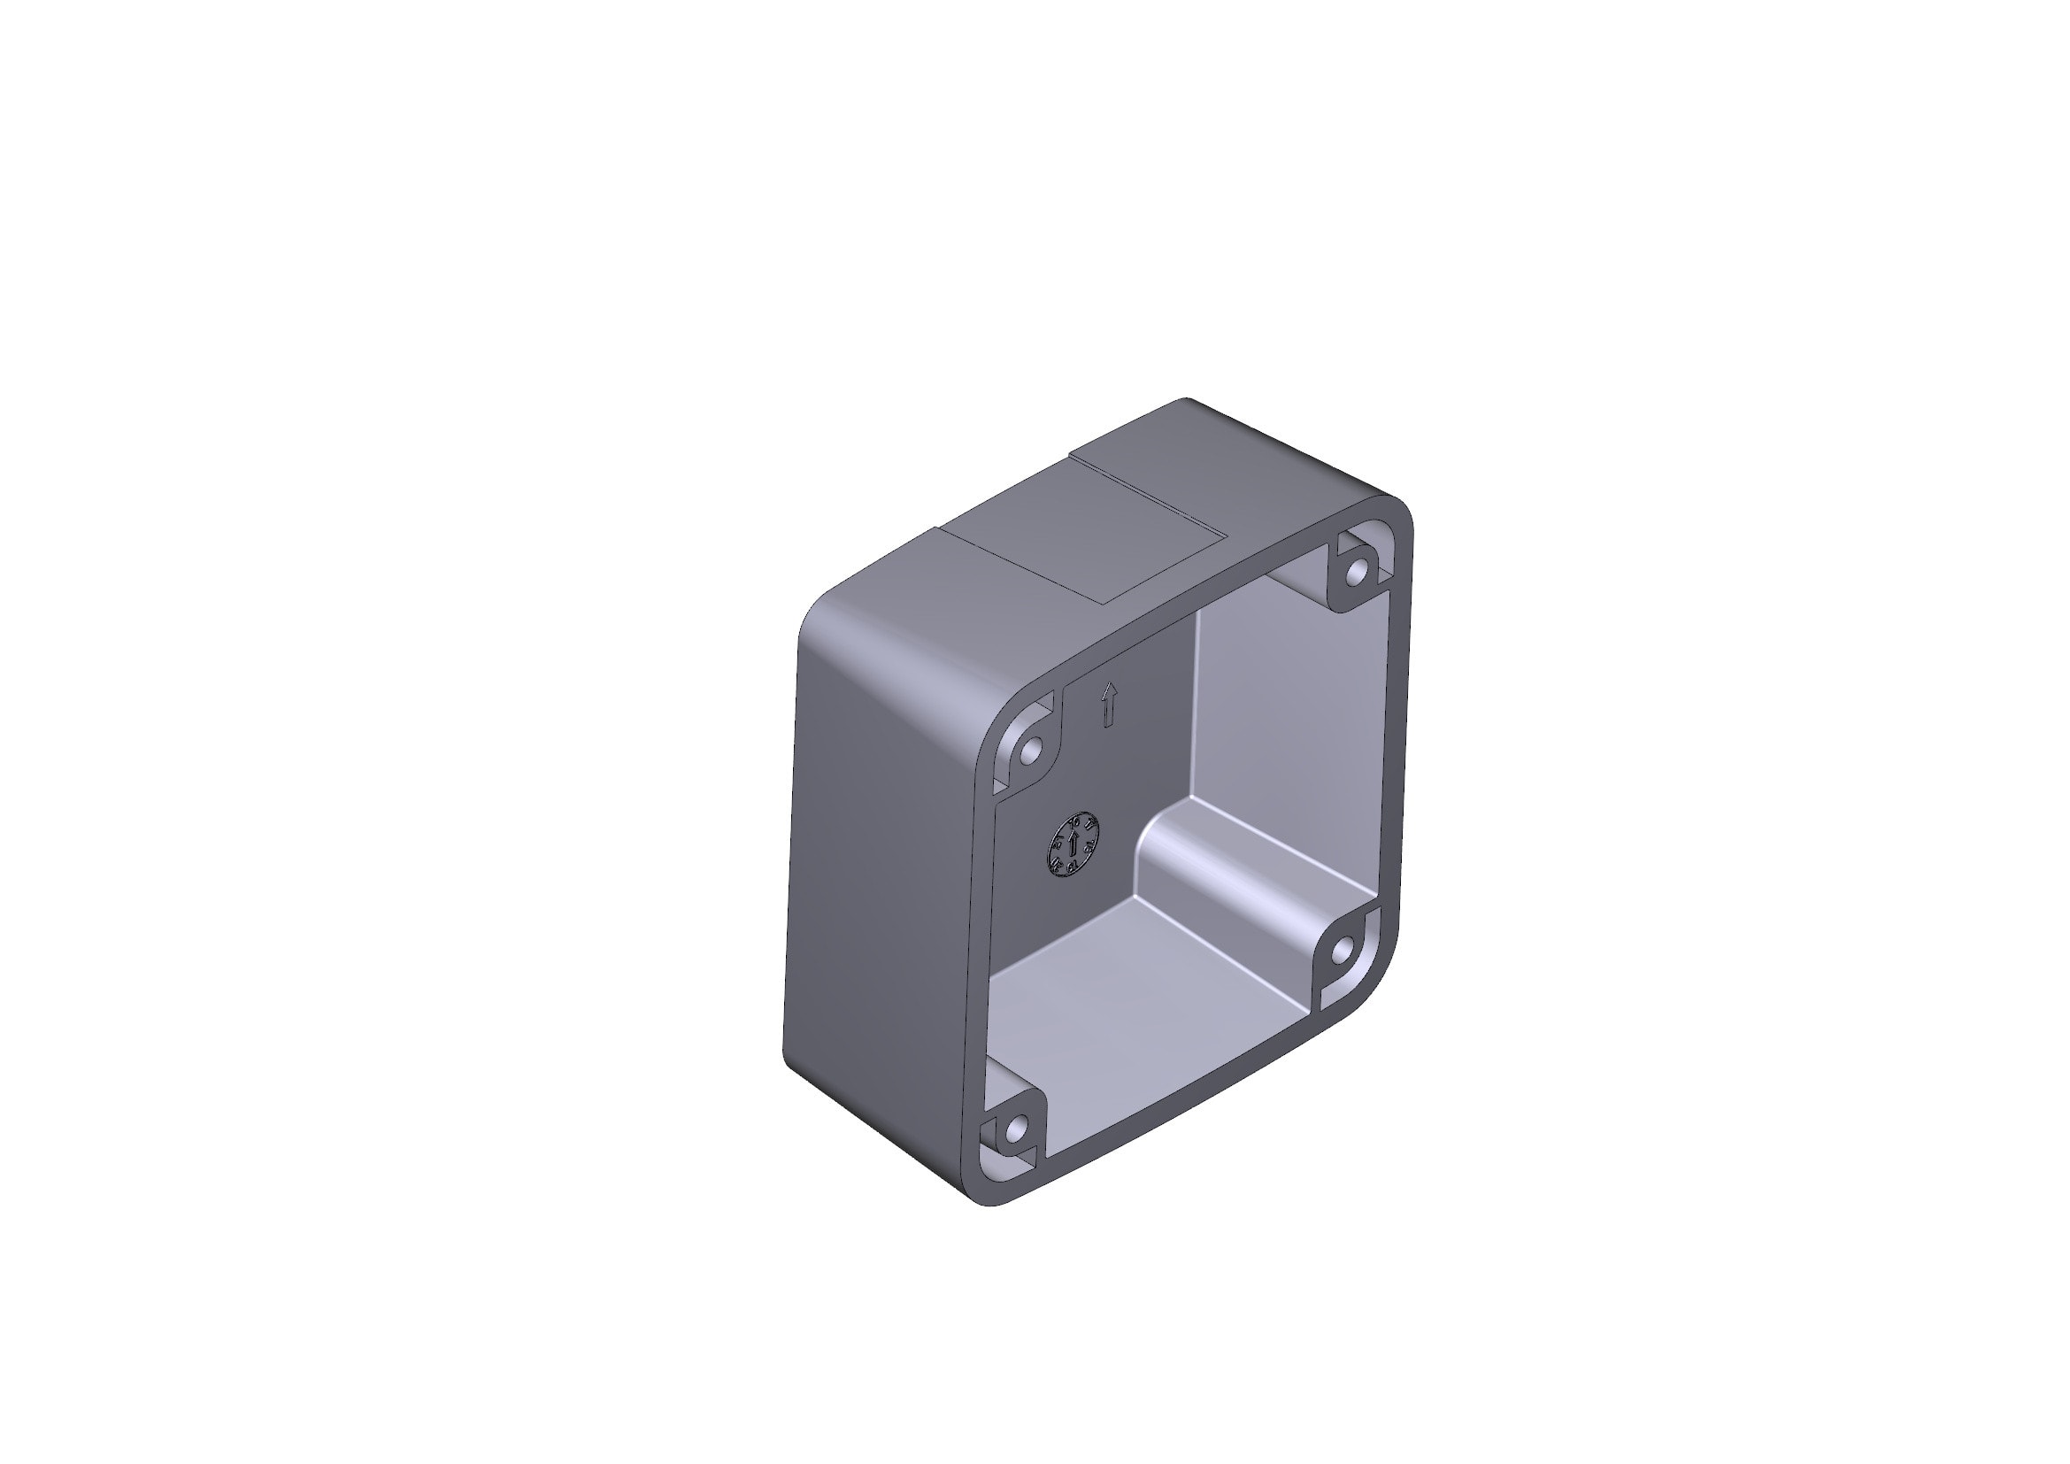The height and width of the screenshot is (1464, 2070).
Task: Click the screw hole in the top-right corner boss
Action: [x=1357, y=571]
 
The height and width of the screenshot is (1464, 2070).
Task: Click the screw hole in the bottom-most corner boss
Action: [x=1017, y=1127]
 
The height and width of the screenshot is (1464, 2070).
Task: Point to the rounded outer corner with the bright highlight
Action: [x=902, y=658]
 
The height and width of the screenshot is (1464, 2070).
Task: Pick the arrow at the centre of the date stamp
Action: [x=1073, y=845]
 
